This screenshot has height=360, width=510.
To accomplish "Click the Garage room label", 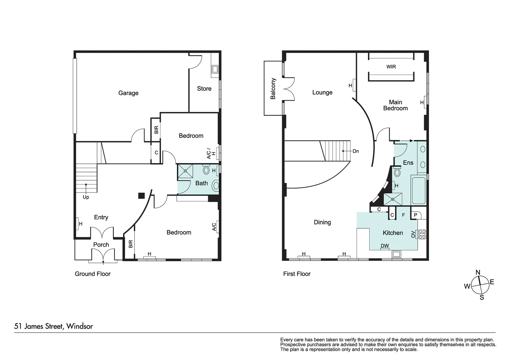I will click(x=128, y=93).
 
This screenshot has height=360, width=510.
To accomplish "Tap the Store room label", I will click(x=204, y=89).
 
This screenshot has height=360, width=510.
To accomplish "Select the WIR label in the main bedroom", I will click(x=391, y=67).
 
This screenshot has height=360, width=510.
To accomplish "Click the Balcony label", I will click(x=273, y=89).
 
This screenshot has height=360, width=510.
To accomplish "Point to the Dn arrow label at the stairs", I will click(x=356, y=151).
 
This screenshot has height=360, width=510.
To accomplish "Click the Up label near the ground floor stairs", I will click(x=86, y=197).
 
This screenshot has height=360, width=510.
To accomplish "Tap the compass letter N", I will click(x=478, y=273).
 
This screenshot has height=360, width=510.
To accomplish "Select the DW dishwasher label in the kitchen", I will click(x=385, y=246).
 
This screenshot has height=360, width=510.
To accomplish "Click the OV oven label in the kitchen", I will click(x=413, y=234).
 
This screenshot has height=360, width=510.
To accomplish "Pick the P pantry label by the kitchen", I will click(x=416, y=215).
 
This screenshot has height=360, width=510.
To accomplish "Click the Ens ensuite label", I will click(x=408, y=163).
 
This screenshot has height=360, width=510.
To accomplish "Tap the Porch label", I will click(x=101, y=245).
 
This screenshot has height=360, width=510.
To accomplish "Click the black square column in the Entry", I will click(x=141, y=196).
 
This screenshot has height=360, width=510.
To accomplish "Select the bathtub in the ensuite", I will click(x=419, y=191).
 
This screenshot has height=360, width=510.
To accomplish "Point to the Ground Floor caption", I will click(x=92, y=274).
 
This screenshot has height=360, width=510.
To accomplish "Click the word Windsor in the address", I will click(x=79, y=326).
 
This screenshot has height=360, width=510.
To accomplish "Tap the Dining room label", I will click(x=322, y=222).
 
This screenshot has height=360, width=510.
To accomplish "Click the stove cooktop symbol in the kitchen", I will click(x=422, y=234).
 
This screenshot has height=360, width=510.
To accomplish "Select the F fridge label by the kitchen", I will click(x=403, y=215).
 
